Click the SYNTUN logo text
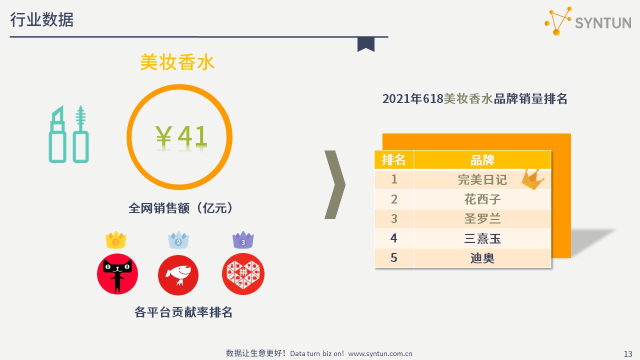pyautogui.click(x=603, y=23)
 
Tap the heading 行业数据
pyautogui.click(x=41, y=19)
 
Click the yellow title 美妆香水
pyautogui.click(x=177, y=62)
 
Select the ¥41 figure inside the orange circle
pyautogui.click(x=181, y=136)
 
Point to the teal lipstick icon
pyautogui.click(x=57, y=134)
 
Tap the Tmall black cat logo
pyautogui.click(x=117, y=273)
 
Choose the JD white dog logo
pyautogui.click(x=178, y=275)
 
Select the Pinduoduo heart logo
pyautogui.click(x=243, y=273)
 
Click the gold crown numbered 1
pyautogui.click(x=115, y=240)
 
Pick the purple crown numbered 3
pyautogui.click(x=243, y=240)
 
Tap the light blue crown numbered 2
pyautogui.click(x=178, y=240)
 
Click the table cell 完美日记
pyautogui.click(x=482, y=179)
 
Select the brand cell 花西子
pyautogui.click(x=482, y=199)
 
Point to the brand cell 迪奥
pyautogui.click(x=482, y=258)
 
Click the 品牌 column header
pyautogui.click(x=482, y=160)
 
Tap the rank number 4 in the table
pyautogui.click(x=393, y=238)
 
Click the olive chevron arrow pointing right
pyautogui.click(x=335, y=184)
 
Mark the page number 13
pyautogui.click(x=628, y=354)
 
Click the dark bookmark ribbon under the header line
pyautogui.click(x=365, y=44)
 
